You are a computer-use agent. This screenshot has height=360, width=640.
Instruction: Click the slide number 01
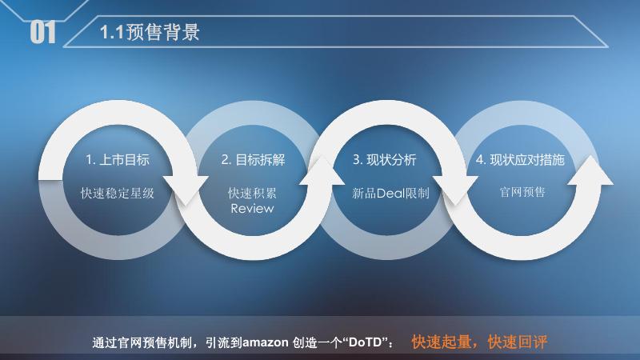point(43,33)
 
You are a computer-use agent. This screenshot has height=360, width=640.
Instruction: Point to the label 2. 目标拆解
point(253,160)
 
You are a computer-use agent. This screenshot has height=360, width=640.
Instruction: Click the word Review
point(253,208)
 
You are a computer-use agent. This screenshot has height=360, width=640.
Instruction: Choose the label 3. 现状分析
point(385,160)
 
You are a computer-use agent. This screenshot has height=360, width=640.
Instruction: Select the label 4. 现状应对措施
point(520,160)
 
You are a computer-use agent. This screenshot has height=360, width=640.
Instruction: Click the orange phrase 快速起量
point(442,342)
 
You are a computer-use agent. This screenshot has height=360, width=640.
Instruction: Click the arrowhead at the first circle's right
point(189,191)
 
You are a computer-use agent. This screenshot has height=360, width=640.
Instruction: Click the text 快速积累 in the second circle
point(253,193)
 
